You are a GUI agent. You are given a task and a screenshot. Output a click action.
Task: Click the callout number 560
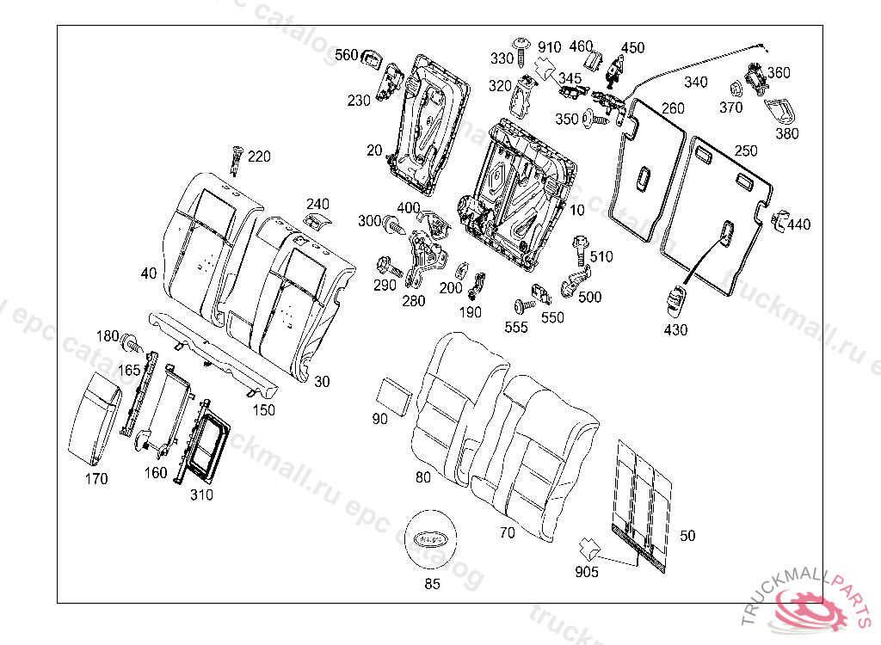(346, 56)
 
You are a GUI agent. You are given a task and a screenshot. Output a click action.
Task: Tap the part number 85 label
(432, 584)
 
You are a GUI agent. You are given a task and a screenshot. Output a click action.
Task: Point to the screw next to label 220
(237, 159)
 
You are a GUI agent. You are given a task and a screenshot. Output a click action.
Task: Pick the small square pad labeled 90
(395, 394)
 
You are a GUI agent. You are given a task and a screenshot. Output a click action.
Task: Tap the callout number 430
(675, 329)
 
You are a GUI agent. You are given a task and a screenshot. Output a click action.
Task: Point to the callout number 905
(588, 571)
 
